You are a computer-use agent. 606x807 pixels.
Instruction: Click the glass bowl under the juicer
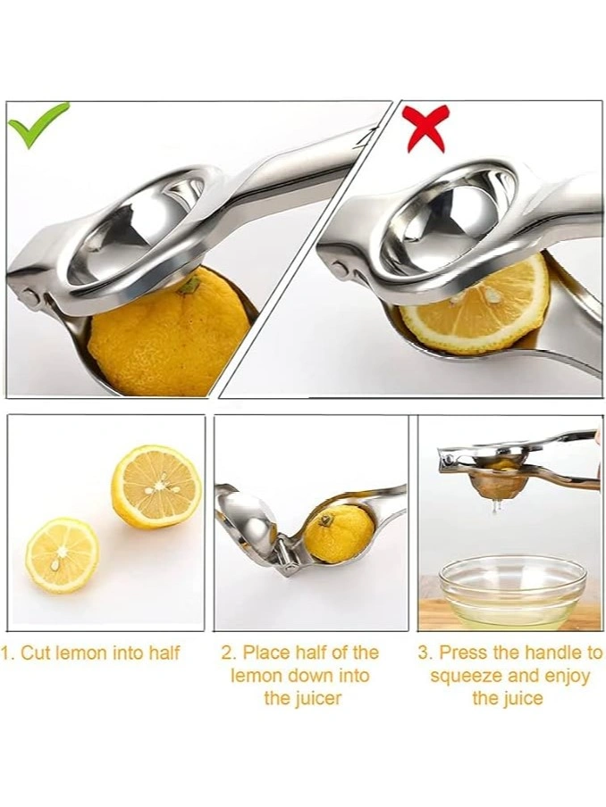[x=512, y=591]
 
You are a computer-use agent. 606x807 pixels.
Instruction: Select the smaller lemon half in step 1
[x=62, y=555]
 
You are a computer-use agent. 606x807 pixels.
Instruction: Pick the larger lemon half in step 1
[x=156, y=487]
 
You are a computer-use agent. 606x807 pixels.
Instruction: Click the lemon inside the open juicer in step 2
[x=339, y=534]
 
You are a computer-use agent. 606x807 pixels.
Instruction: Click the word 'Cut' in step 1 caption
[x=35, y=653]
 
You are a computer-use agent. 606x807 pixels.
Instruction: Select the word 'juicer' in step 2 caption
[x=316, y=699]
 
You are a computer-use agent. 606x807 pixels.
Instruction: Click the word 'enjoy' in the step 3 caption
[x=565, y=677]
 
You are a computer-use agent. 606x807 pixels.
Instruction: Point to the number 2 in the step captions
[x=227, y=653]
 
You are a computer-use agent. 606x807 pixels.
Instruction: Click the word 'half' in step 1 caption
[x=164, y=653]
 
